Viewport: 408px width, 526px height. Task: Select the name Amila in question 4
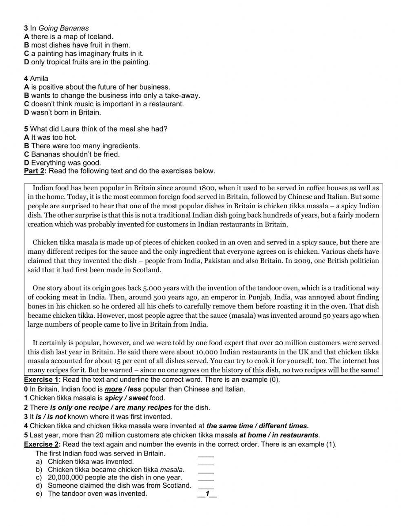tap(39, 79)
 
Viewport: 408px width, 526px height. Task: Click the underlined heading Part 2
tap(35, 171)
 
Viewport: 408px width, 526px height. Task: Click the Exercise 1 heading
tap(42, 380)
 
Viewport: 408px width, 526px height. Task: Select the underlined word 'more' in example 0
tap(113, 389)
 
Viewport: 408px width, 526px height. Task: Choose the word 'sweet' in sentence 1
tap(138, 398)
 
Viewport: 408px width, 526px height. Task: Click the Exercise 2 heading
tap(42, 444)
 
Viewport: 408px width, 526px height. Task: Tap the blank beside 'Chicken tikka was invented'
tap(206, 462)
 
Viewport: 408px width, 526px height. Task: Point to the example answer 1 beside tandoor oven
tap(207, 494)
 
